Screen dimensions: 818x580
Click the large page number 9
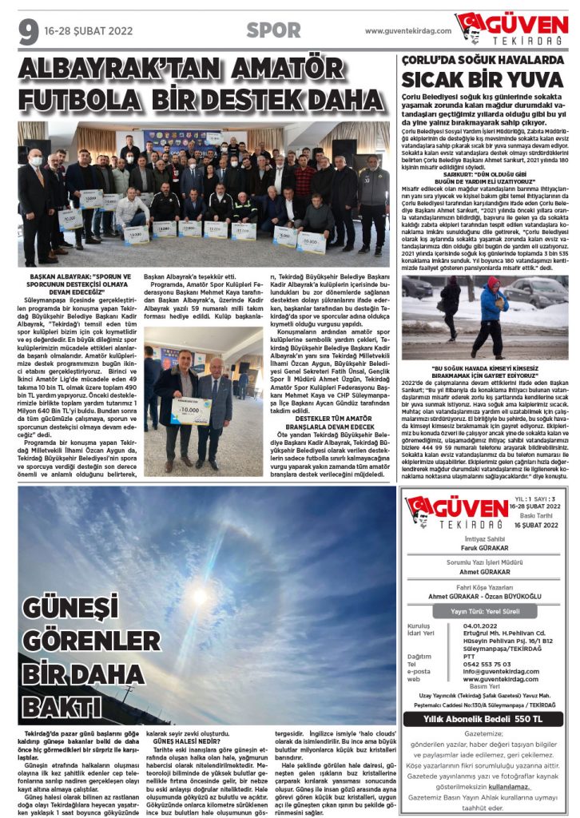[28, 31]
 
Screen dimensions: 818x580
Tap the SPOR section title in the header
[273, 30]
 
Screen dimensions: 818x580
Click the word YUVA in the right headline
[531, 80]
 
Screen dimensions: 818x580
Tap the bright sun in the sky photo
[198, 595]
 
